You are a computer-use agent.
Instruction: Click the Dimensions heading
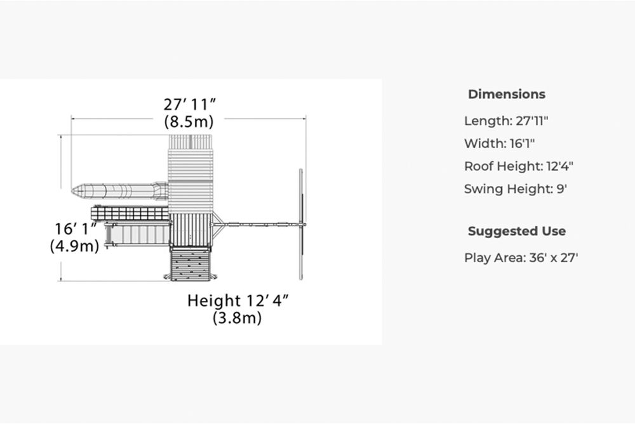507,95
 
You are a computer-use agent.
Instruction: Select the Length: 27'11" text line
506,121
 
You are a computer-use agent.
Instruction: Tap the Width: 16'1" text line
499,143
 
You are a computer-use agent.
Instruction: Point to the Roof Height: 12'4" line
519,166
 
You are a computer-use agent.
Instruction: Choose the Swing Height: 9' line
516,189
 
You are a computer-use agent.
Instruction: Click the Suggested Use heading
517,231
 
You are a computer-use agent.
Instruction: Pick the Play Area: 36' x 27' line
521,258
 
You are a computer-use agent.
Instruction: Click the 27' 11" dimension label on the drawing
189,105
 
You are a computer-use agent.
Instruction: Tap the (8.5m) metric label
189,121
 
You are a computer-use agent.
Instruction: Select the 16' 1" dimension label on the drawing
76,229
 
